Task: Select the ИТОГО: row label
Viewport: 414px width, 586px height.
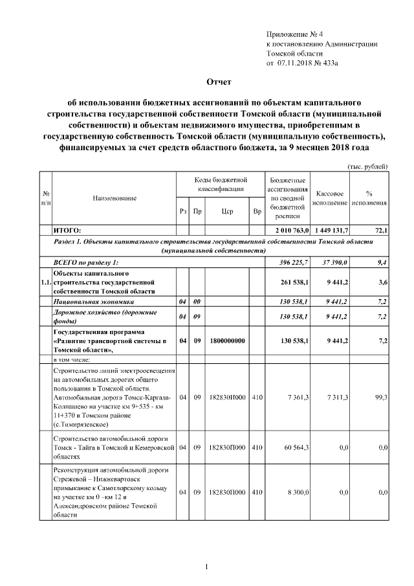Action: [67, 230]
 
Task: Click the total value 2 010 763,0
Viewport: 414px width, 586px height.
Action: [288, 230]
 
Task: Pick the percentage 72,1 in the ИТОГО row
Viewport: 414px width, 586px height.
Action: [381, 230]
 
